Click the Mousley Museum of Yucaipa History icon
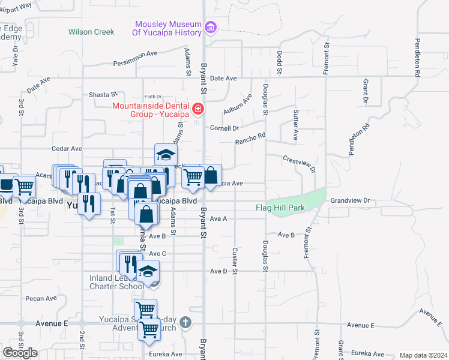pos(210,27)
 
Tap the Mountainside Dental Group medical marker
pos(197,109)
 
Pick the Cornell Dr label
pos(224,128)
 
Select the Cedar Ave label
pos(67,148)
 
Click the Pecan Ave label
pos(41,298)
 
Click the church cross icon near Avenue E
pos(185,322)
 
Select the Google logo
pos(20,353)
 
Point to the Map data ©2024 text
pos(423,355)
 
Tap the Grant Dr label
pos(365,89)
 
